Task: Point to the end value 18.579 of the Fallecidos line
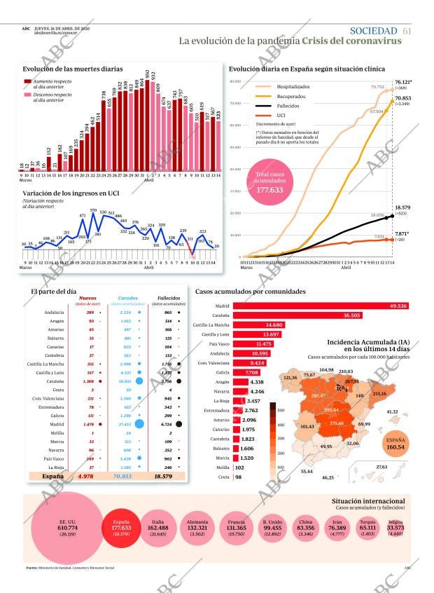point(402,208)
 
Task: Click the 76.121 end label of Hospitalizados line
point(403,82)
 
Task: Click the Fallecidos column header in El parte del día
point(168,297)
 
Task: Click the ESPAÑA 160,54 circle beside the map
point(396,444)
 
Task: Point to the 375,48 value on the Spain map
point(337,423)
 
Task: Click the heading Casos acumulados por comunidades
point(251,291)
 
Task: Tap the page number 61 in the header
point(407,30)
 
